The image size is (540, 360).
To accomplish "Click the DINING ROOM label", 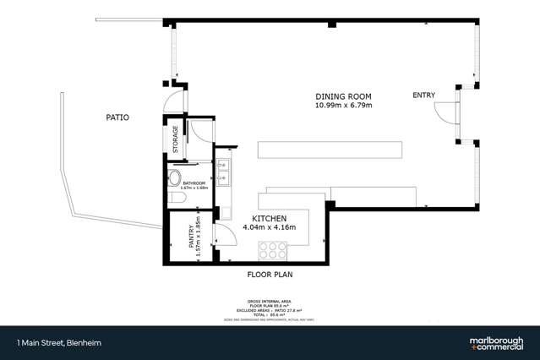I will coord(344,96).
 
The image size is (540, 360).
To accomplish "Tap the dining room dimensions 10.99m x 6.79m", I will coord(344,106).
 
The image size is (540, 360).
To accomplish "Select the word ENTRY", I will coord(423,95).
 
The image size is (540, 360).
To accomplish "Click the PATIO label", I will coord(117,117).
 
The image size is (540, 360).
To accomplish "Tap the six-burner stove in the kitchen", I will coord(272,249).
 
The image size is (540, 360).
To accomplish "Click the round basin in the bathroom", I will coord(174,177).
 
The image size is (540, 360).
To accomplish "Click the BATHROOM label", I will coord(194,182).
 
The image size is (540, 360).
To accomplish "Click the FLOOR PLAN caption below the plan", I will coord(270,275).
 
